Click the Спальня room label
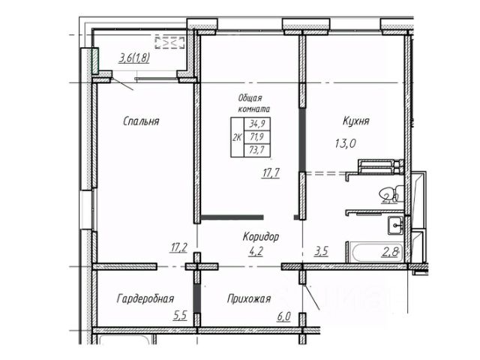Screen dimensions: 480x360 tap(142, 120)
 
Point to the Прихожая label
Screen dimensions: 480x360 tap(248, 298)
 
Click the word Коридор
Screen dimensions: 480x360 tap(261, 236)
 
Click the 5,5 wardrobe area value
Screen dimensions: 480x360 tap(180, 316)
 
